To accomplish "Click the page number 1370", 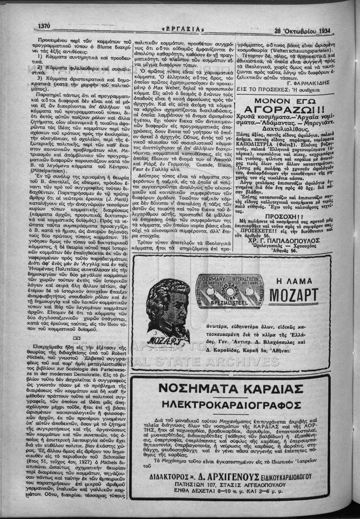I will (45, 26).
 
